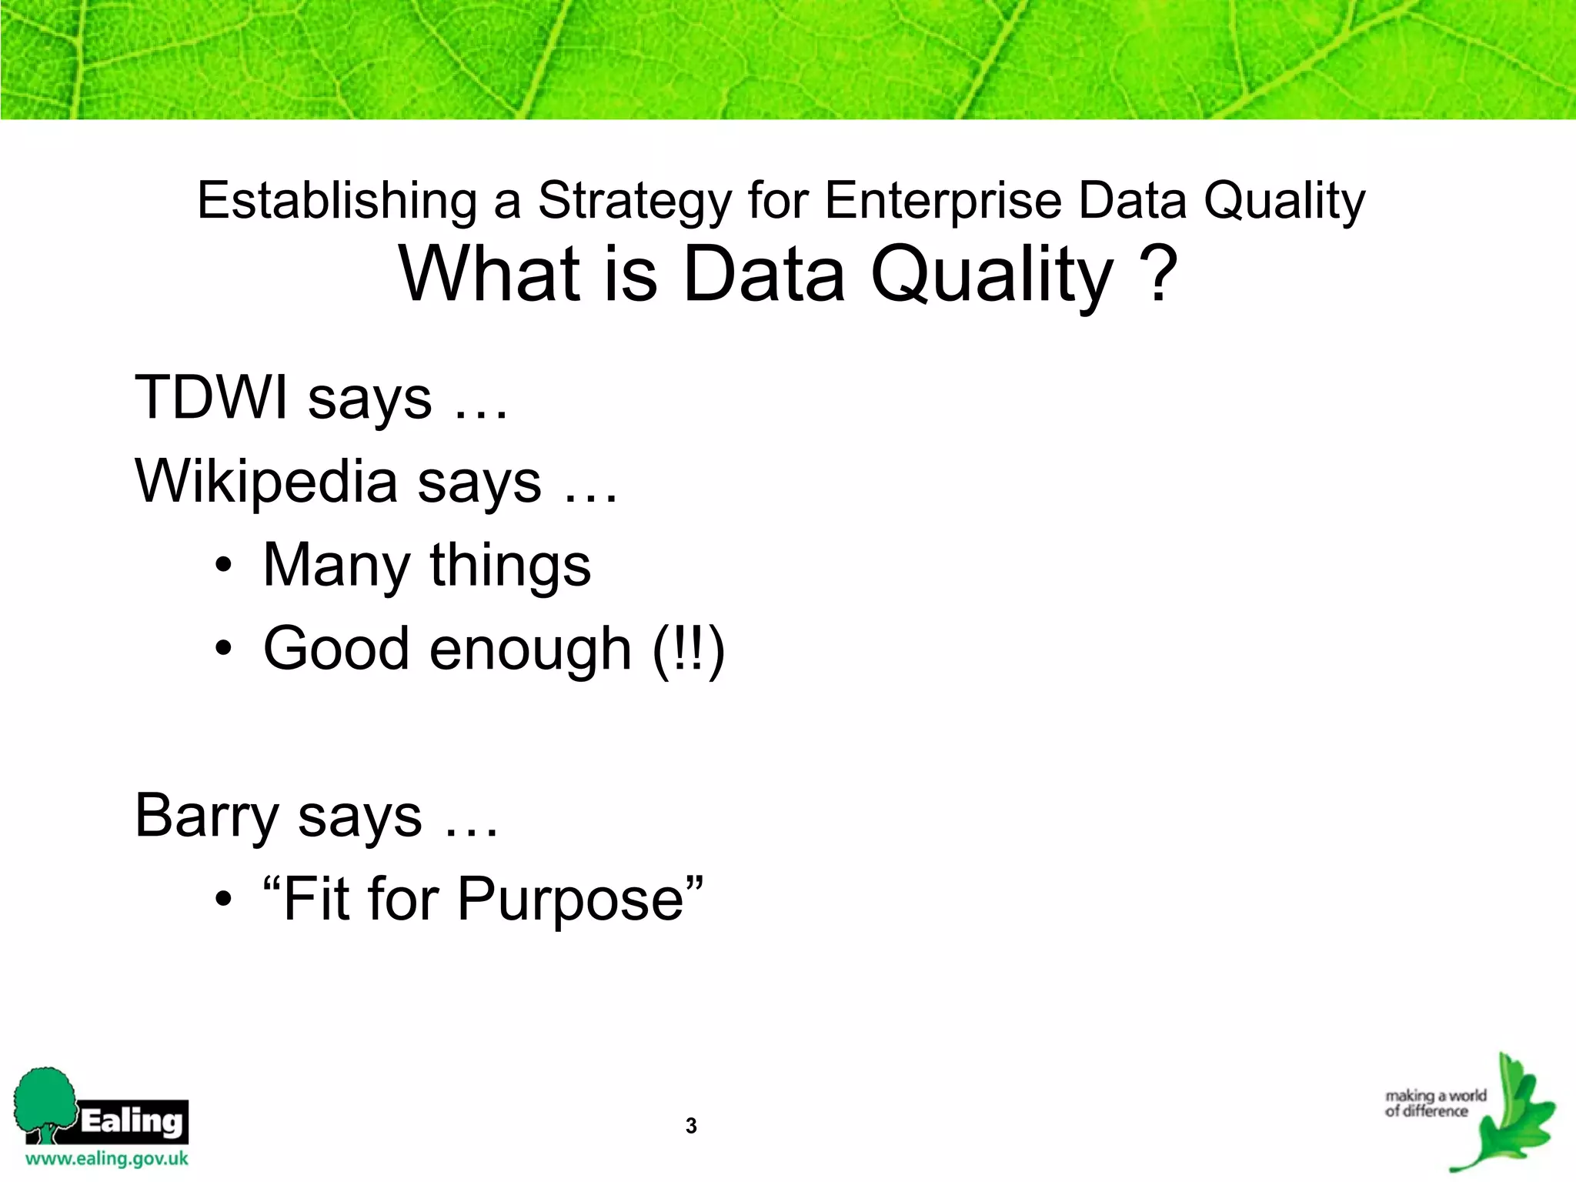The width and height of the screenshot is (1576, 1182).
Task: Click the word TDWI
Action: pos(211,398)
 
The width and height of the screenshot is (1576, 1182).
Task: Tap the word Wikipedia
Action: pos(266,482)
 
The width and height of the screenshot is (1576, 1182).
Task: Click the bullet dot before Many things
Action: pos(223,566)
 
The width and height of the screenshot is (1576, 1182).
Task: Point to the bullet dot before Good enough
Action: pos(223,649)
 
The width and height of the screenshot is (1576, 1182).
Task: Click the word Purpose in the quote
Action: pos(569,899)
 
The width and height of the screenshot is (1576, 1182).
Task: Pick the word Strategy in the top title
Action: pos(634,202)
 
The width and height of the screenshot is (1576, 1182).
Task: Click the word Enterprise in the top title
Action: pos(944,202)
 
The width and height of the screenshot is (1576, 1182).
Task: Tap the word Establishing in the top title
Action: pos(337,202)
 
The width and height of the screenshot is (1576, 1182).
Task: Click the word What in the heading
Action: pos(489,274)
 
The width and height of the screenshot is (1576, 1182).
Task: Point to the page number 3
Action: pos(691,1126)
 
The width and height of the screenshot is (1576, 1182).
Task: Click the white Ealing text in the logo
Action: pos(132,1121)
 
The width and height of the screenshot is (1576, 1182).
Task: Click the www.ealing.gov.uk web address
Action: pos(106,1159)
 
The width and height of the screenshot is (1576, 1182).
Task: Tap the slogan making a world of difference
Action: pos(1434,1104)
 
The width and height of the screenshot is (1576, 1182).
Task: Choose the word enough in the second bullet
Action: pos(530,649)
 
